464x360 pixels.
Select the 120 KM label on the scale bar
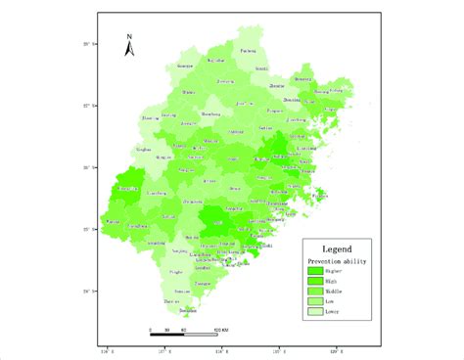221,329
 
